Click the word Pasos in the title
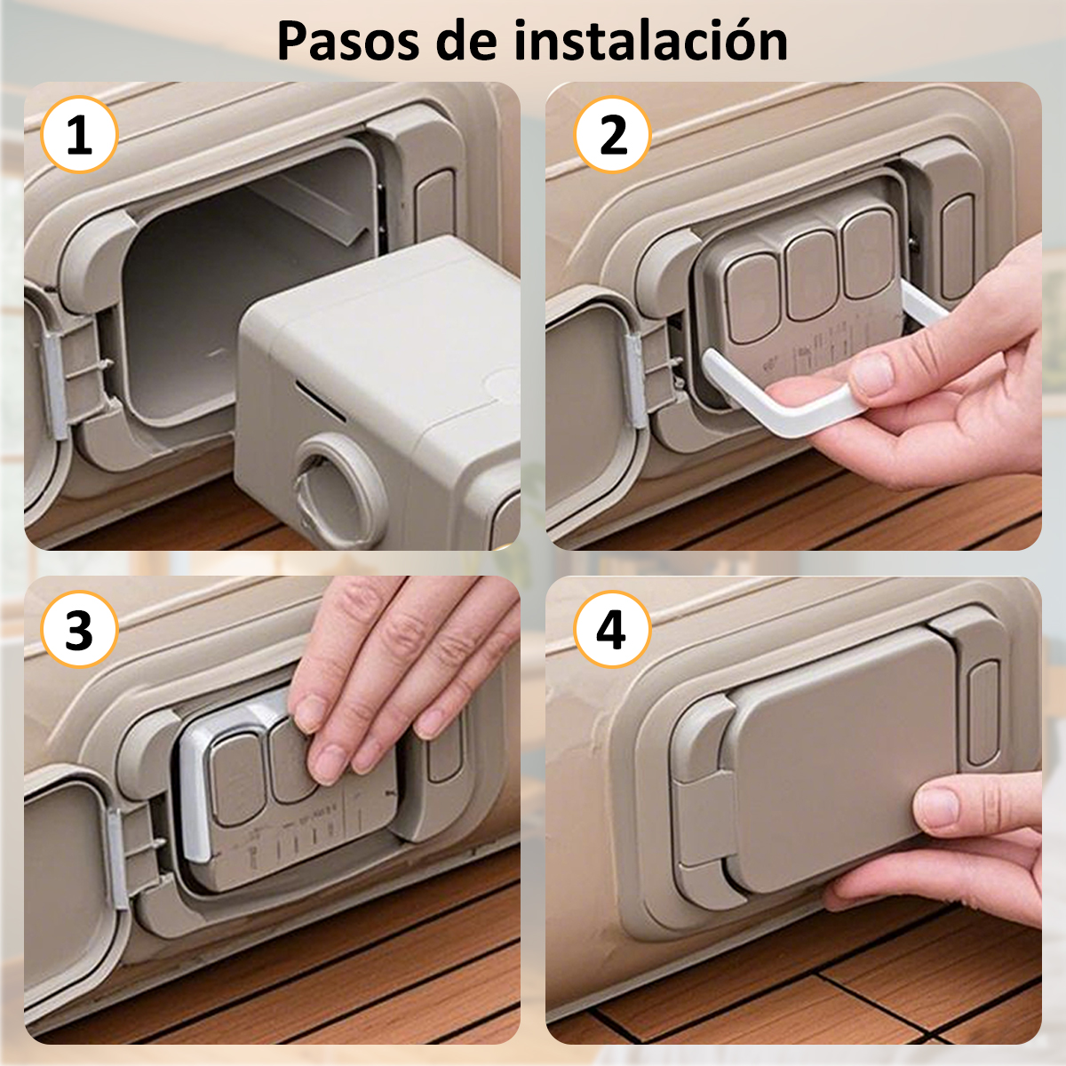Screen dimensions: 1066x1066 pyautogui.click(x=348, y=42)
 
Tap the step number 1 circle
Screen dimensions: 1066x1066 pyautogui.click(x=79, y=134)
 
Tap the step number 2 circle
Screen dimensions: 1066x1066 pyautogui.click(x=612, y=134)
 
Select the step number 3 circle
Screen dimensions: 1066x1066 pyautogui.click(x=79, y=629)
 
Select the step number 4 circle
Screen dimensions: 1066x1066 pyautogui.click(x=612, y=629)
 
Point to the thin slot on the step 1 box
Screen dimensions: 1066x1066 pyautogui.click(x=321, y=401)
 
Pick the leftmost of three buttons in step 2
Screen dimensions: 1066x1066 pyautogui.click(x=753, y=298)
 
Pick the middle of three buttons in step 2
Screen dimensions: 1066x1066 pyautogui.click(x=811, y=276)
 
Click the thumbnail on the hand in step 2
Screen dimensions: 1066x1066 pyautogui.click(x=871, y=374)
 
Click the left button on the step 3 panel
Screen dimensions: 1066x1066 pyautogui.click(x=238, y=780)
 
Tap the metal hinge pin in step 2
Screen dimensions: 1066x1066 pyautogui.click(x=635, y=382)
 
